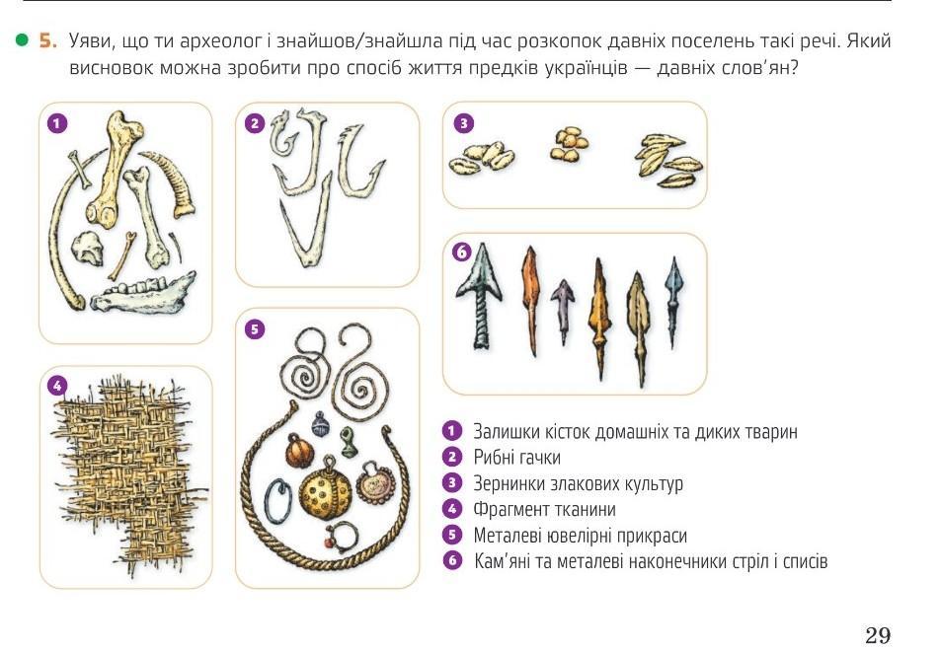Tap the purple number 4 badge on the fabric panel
[57, 386]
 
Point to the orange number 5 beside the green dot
[48, 40]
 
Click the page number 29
[878, 634]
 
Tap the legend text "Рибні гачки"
[516, 458]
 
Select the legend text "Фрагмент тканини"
[544, 510]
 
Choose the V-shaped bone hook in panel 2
[307, 223]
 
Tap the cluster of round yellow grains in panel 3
[569, 144]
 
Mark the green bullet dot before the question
[22, 40]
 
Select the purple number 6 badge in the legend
[452, 561]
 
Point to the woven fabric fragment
[128, 473]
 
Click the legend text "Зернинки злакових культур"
[578, 483]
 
